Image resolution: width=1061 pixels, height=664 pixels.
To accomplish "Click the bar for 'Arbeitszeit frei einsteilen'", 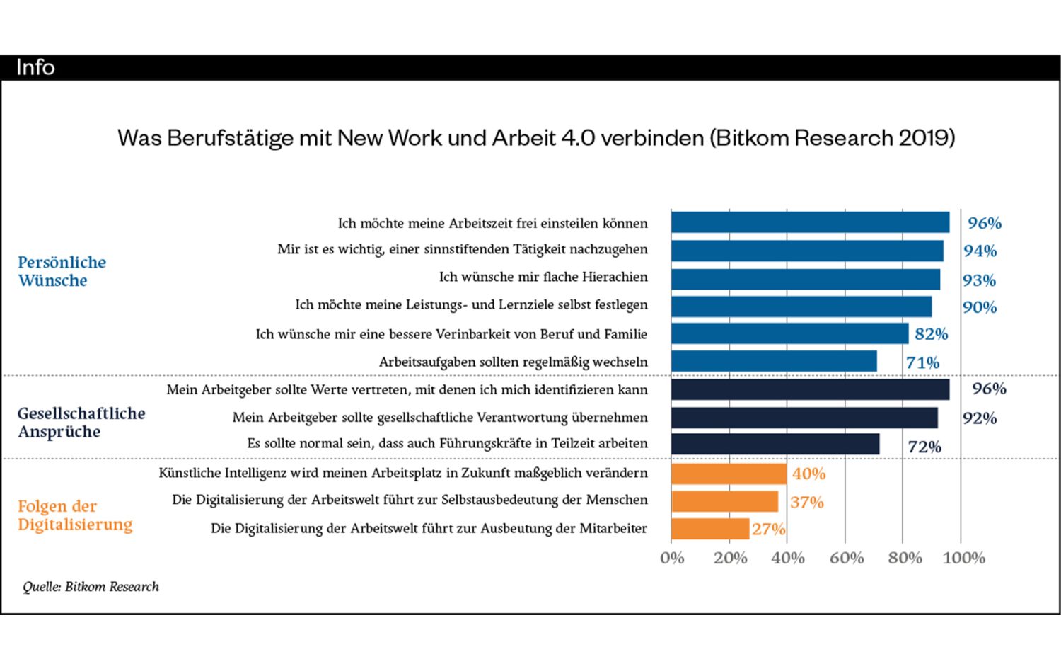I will pos(810,222).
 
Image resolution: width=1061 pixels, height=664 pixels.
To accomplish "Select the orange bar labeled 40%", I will pos(729,474).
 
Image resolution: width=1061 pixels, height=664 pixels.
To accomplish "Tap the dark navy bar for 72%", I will pos(775,445).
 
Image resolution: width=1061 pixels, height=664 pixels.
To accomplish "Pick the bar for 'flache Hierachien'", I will pos(806,279).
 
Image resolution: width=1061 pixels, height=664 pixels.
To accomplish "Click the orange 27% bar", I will pos(710,529).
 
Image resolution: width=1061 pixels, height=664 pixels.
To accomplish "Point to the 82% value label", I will pos(931,334).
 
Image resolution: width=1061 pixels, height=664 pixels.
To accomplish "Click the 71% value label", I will pos(922,362).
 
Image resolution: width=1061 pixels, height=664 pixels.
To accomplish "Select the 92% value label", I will pos(980,418).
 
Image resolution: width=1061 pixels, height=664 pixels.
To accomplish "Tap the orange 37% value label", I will pos(806,503).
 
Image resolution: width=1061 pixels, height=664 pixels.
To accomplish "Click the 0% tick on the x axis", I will pos(672,558).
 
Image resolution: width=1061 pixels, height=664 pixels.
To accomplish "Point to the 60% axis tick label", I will pos(847,558).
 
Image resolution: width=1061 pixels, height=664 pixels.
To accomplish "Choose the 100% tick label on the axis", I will pos(963,558).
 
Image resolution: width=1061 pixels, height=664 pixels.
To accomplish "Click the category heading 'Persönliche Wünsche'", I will pos(62,271).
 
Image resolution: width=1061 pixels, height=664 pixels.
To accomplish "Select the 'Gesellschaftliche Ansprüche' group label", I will pos(81,423).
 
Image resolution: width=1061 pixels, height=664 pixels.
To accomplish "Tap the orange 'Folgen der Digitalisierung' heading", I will pos(75,515).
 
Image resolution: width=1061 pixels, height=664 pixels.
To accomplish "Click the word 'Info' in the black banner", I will pos(35,67).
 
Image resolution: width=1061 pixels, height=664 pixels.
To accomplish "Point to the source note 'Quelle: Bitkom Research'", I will pos(91,587).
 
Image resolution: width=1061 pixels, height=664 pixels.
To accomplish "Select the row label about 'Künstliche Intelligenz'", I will pos(403,473).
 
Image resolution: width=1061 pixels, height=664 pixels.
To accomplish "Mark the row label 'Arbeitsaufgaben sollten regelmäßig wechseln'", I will pos(513,362).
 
